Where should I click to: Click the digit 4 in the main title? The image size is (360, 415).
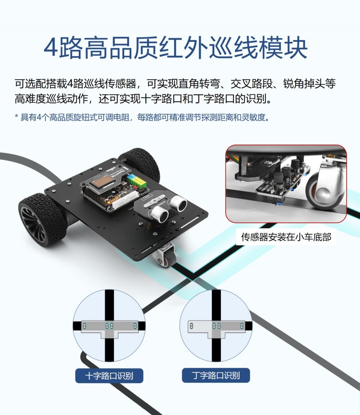click(50, 48)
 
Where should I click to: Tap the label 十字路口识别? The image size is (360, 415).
click(109, 376)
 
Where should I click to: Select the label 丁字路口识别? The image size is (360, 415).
click(216, 375)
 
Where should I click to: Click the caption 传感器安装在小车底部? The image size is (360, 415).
click(286, 237)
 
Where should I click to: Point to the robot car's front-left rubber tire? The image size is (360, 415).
click(40, 220)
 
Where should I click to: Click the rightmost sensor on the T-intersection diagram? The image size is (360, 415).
click(242, 326)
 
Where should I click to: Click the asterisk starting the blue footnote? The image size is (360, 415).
click(16, 116)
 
